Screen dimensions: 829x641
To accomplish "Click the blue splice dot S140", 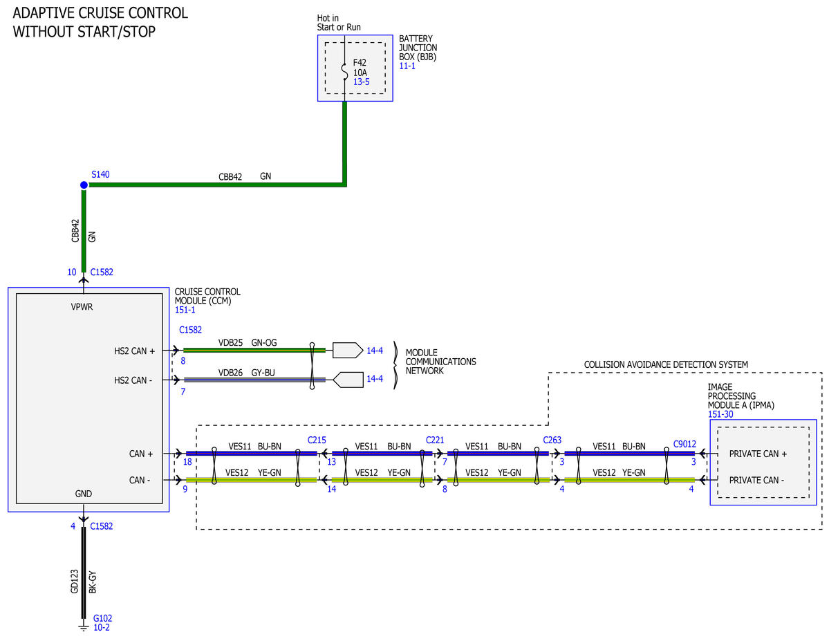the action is pos(84,185).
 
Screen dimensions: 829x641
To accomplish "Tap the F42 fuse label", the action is pos(360,63).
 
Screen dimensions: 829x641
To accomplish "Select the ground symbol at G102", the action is pos(83,626).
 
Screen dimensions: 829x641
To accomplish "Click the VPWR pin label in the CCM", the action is pos(82,307).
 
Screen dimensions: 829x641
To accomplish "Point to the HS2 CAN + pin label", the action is pos(134,351).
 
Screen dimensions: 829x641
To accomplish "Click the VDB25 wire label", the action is pos(230,343).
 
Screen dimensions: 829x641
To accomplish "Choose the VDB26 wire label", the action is pos(230,373).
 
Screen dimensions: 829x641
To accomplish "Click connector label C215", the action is pos(317,440).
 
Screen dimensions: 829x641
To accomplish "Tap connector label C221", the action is pos(435,440).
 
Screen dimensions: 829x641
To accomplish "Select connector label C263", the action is pos(552,440).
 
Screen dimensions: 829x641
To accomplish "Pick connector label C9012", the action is pos(684,444).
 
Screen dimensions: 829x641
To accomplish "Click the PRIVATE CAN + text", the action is pos(758,454).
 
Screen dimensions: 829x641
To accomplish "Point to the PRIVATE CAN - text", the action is pos(756,480).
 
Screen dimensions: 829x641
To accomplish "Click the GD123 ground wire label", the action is pos(75,582).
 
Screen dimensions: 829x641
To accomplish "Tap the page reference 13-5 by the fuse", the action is pos(362,82).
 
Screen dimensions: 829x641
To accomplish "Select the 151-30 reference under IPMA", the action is pos(720,414).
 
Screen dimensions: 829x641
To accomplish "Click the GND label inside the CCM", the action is pos(84,494).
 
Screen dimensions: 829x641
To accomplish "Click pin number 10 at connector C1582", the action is pos(72,272).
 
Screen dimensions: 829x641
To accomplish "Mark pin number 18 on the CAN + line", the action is pos(187,462).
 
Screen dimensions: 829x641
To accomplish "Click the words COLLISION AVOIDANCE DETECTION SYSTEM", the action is pos(666,365).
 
